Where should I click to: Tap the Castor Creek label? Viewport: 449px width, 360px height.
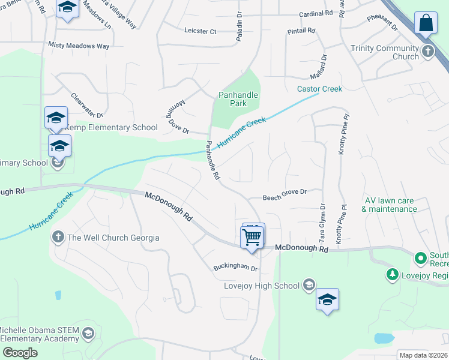coord(319,89)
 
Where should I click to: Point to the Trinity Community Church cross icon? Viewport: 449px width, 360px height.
coord(427,52)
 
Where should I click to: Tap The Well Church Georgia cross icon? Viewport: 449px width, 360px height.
coord(58,237)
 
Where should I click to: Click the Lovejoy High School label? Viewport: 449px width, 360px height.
coord(261,286)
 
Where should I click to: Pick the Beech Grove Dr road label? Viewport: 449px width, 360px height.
coord(285,192)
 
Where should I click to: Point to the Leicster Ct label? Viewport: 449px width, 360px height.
coord(200,31)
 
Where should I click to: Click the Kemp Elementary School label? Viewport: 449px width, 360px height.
coord(111,127)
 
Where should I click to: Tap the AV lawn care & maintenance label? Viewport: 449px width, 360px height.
coord(389,205)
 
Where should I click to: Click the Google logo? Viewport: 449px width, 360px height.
coord(20,353)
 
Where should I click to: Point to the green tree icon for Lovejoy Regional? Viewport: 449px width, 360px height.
coord(393,274)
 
